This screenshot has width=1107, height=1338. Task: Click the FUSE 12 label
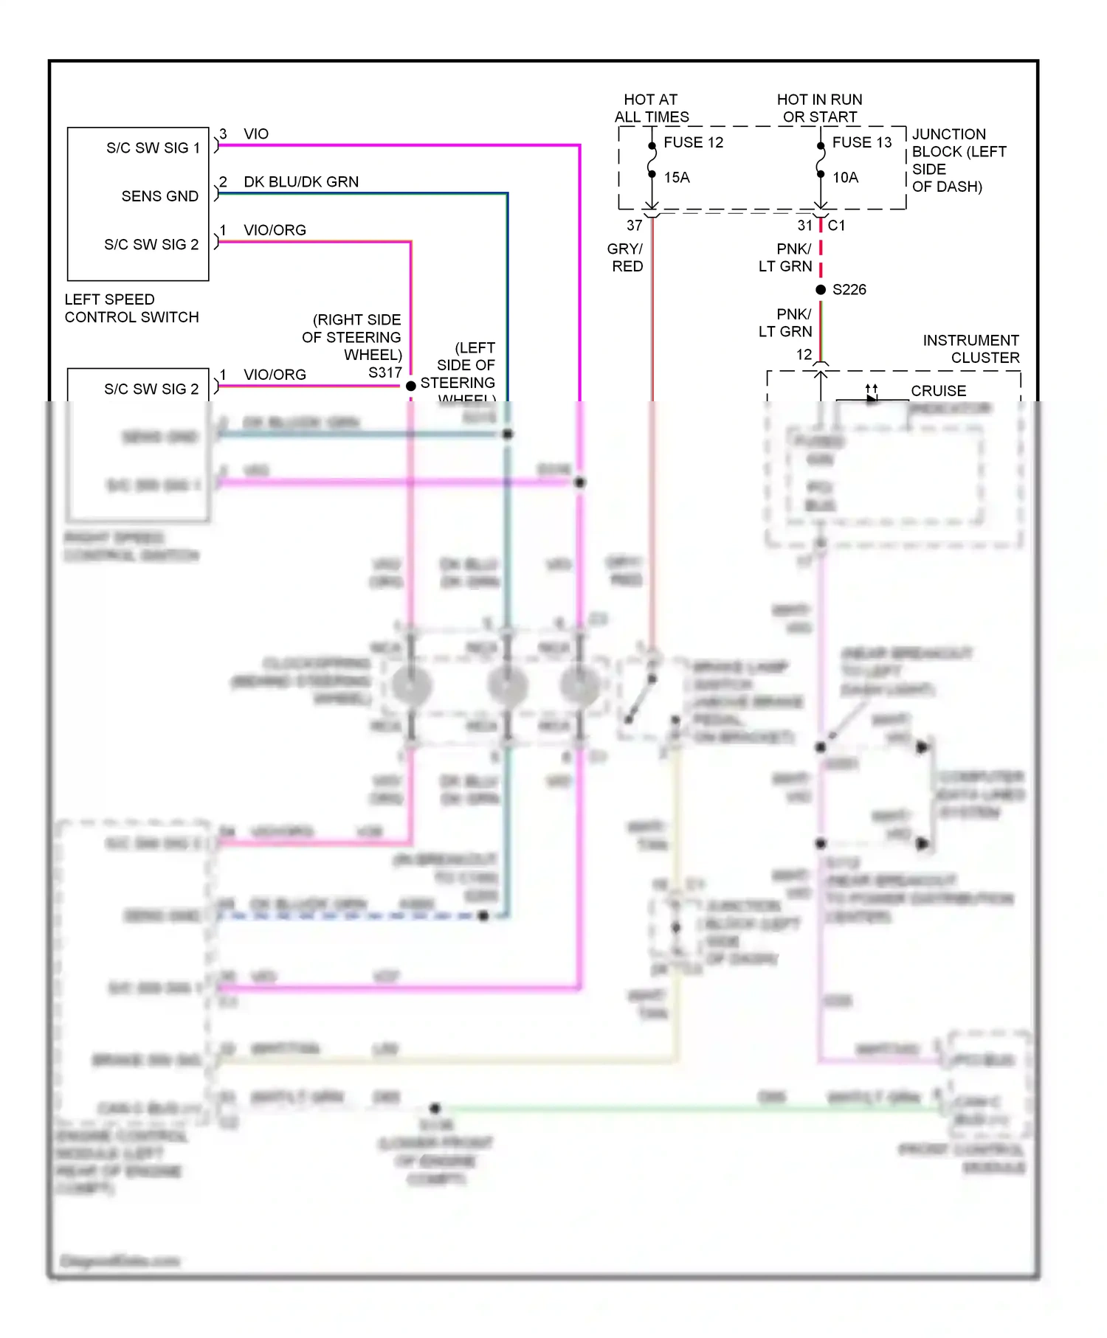[x=693, y=142]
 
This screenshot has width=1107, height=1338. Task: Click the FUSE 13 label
[x=861, y=142]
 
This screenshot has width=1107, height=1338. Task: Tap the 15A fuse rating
[x=676, y=178]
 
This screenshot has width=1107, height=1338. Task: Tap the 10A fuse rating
[x=845, y=178]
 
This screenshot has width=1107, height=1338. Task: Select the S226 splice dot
[x=821, y=290]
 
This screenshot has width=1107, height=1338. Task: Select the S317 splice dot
[x=411, y=386]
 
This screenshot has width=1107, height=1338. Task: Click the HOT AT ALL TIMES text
[x=651, y=108]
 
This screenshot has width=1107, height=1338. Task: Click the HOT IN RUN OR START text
[x=819, y=108]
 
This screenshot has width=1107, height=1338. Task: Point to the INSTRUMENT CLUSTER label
[x=971, y=349]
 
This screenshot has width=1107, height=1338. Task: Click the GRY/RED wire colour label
[x=626, y=257]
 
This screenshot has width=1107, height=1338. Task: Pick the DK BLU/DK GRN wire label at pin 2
[x=301, y=182]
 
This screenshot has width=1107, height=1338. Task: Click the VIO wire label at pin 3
[x=256, y=134]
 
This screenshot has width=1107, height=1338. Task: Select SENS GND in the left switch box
[x=160, y=196]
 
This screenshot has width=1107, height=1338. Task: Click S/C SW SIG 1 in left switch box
[x=153, y=148]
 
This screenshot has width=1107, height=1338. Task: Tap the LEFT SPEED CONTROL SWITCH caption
[x=131, y=308]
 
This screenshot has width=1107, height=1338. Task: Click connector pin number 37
[x=635, y=226]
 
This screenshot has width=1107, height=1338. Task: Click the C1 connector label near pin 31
[x=836, y=226]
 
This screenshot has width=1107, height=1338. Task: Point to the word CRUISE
[x=938, y=391]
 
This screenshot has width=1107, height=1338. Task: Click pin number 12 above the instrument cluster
[x=804, y=355]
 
